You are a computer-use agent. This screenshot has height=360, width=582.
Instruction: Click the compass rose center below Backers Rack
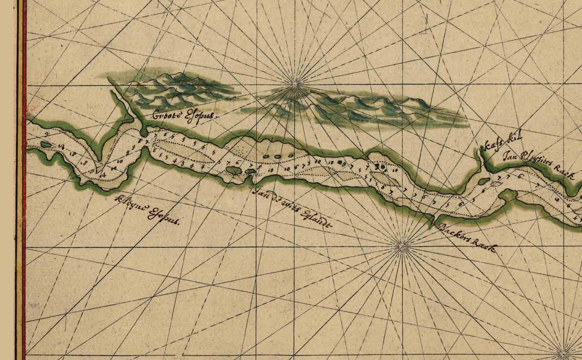click(401, 245)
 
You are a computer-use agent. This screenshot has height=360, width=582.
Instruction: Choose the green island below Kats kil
click(483, 180)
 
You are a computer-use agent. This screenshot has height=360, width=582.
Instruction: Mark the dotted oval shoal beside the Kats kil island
click(498, 184)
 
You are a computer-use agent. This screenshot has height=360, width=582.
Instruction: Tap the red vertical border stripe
click(23, 180)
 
